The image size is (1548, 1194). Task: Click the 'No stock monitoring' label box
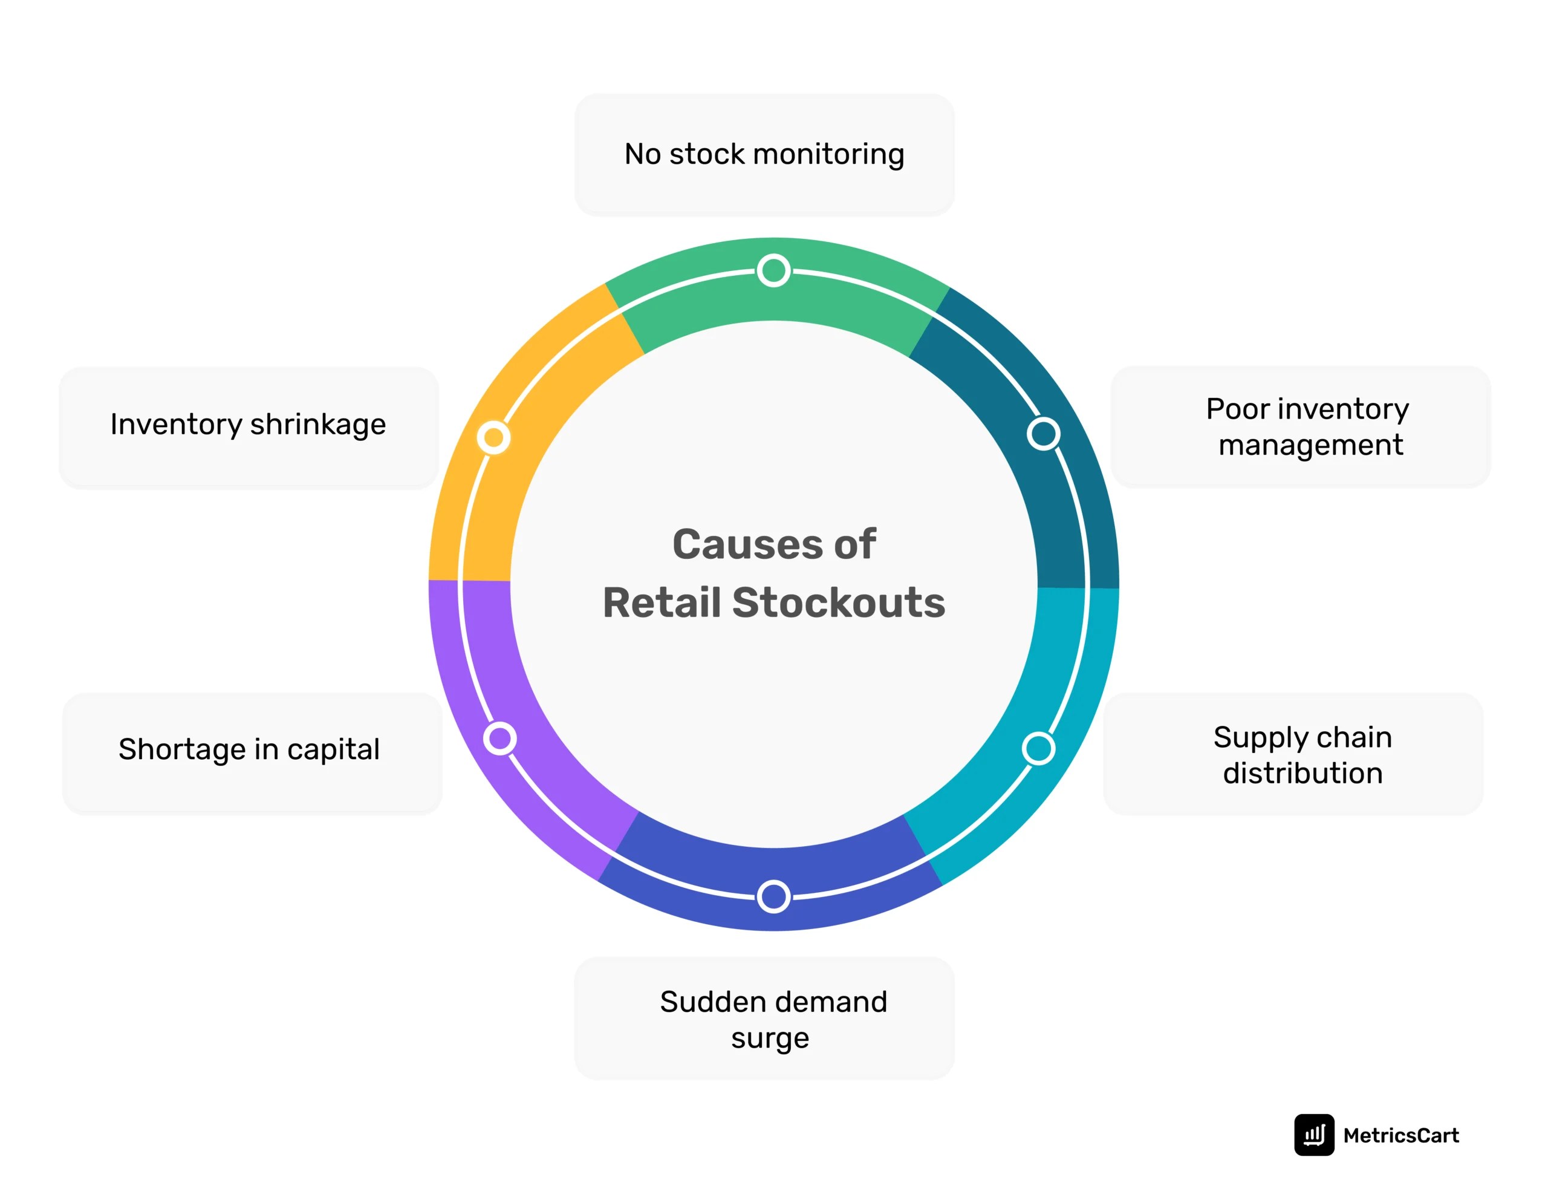pyautogui.click(x=764, y=154)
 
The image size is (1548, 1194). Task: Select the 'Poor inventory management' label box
pyautogui.click(x=1300, y=426)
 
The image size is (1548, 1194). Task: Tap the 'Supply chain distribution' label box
pyautogui.click(x=1293, y=754)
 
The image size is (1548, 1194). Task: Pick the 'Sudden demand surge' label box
pyautogui.click(x=764, y=1018)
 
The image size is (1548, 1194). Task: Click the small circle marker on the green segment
pyautogui.click(x=773, y=270)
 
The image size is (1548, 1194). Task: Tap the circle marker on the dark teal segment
pyautogui.click(x=1043, y=434)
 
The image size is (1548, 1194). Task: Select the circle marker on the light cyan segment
pyautogui.click(x=1038, y=748)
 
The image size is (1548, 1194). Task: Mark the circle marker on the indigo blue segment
pyautogui.click(x=773, y=896)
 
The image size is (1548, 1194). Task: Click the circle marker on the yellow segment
pyautogui.click(x=493, y=437)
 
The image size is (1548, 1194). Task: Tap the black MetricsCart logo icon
pyautogui.click(x=1313, y=1135)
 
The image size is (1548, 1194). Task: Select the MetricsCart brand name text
pyautogui.click(x=1400, y=1135)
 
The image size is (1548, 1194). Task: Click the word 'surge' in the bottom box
pyautogui.click(x=770, y=1038)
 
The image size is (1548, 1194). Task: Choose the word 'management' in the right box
pyautogui.click(x=1310, y=445)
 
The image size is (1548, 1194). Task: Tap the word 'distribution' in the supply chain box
pyautogui.click(x=1302, y=773)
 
